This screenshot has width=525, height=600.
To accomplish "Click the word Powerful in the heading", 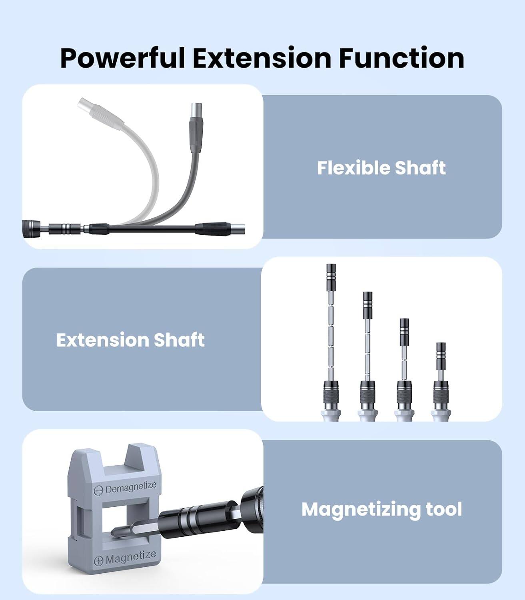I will pos(123,58).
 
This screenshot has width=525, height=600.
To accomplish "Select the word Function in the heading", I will pos(401,58).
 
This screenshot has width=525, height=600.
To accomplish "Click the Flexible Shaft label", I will pos(381,168).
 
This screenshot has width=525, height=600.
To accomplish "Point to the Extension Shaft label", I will pos(130,340).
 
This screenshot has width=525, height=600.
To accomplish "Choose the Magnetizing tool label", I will pos(381,509).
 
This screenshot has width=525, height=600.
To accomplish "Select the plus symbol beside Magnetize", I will pos(98,561).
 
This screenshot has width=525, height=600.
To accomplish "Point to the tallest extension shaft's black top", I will pos(331,272).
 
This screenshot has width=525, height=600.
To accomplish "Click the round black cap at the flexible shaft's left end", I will pos(30,228).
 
